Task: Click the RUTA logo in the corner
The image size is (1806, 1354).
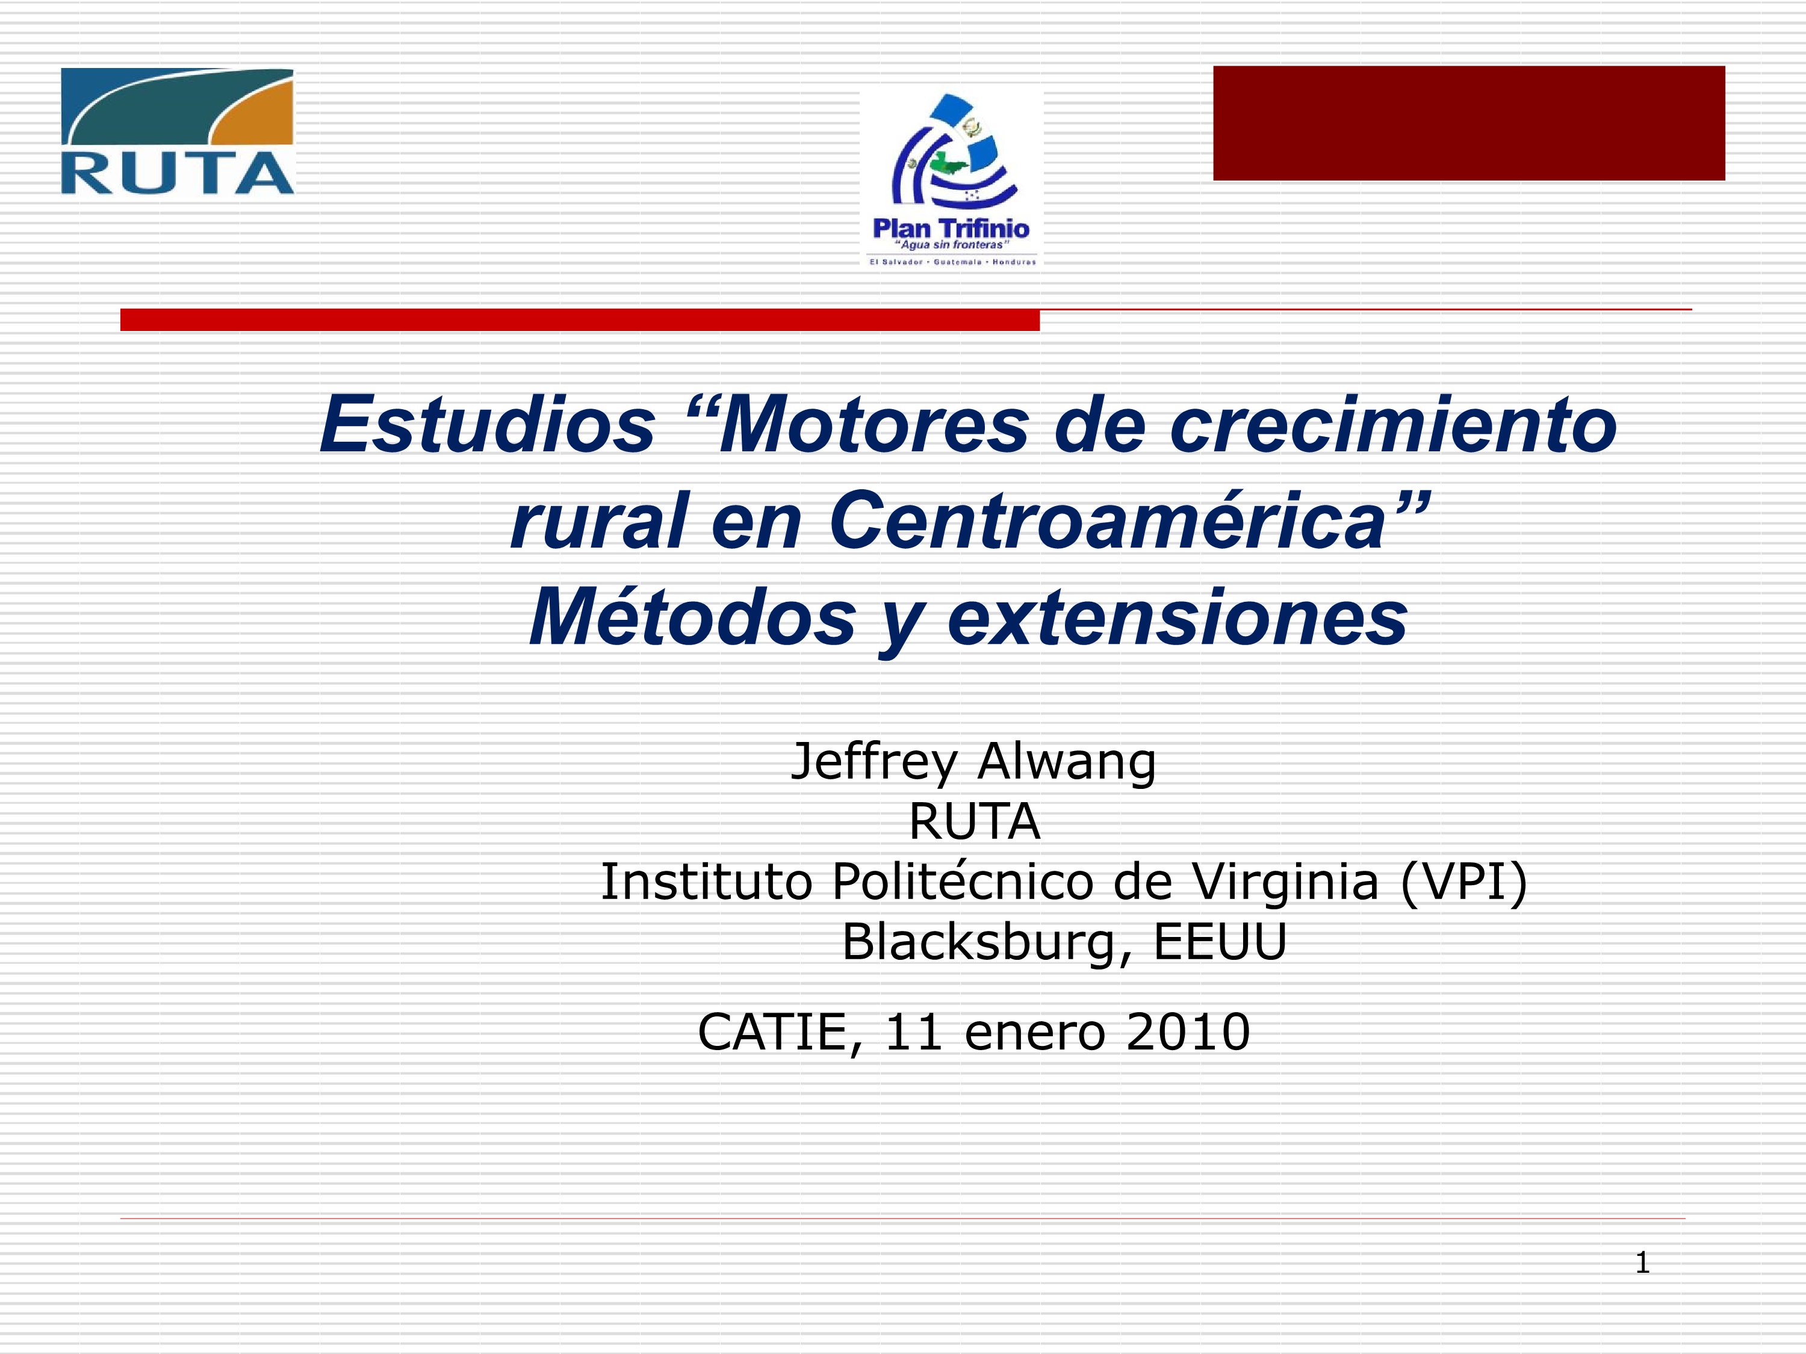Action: point(177,131)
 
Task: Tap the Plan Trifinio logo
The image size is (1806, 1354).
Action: point(952,179)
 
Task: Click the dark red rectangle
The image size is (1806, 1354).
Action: point(1469,123)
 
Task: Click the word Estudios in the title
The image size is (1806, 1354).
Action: point(488,425)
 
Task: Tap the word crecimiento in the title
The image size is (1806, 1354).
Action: point(1393,425)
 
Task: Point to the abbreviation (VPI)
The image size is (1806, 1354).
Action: point(1463,883)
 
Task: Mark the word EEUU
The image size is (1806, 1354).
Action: point(1220,942)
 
